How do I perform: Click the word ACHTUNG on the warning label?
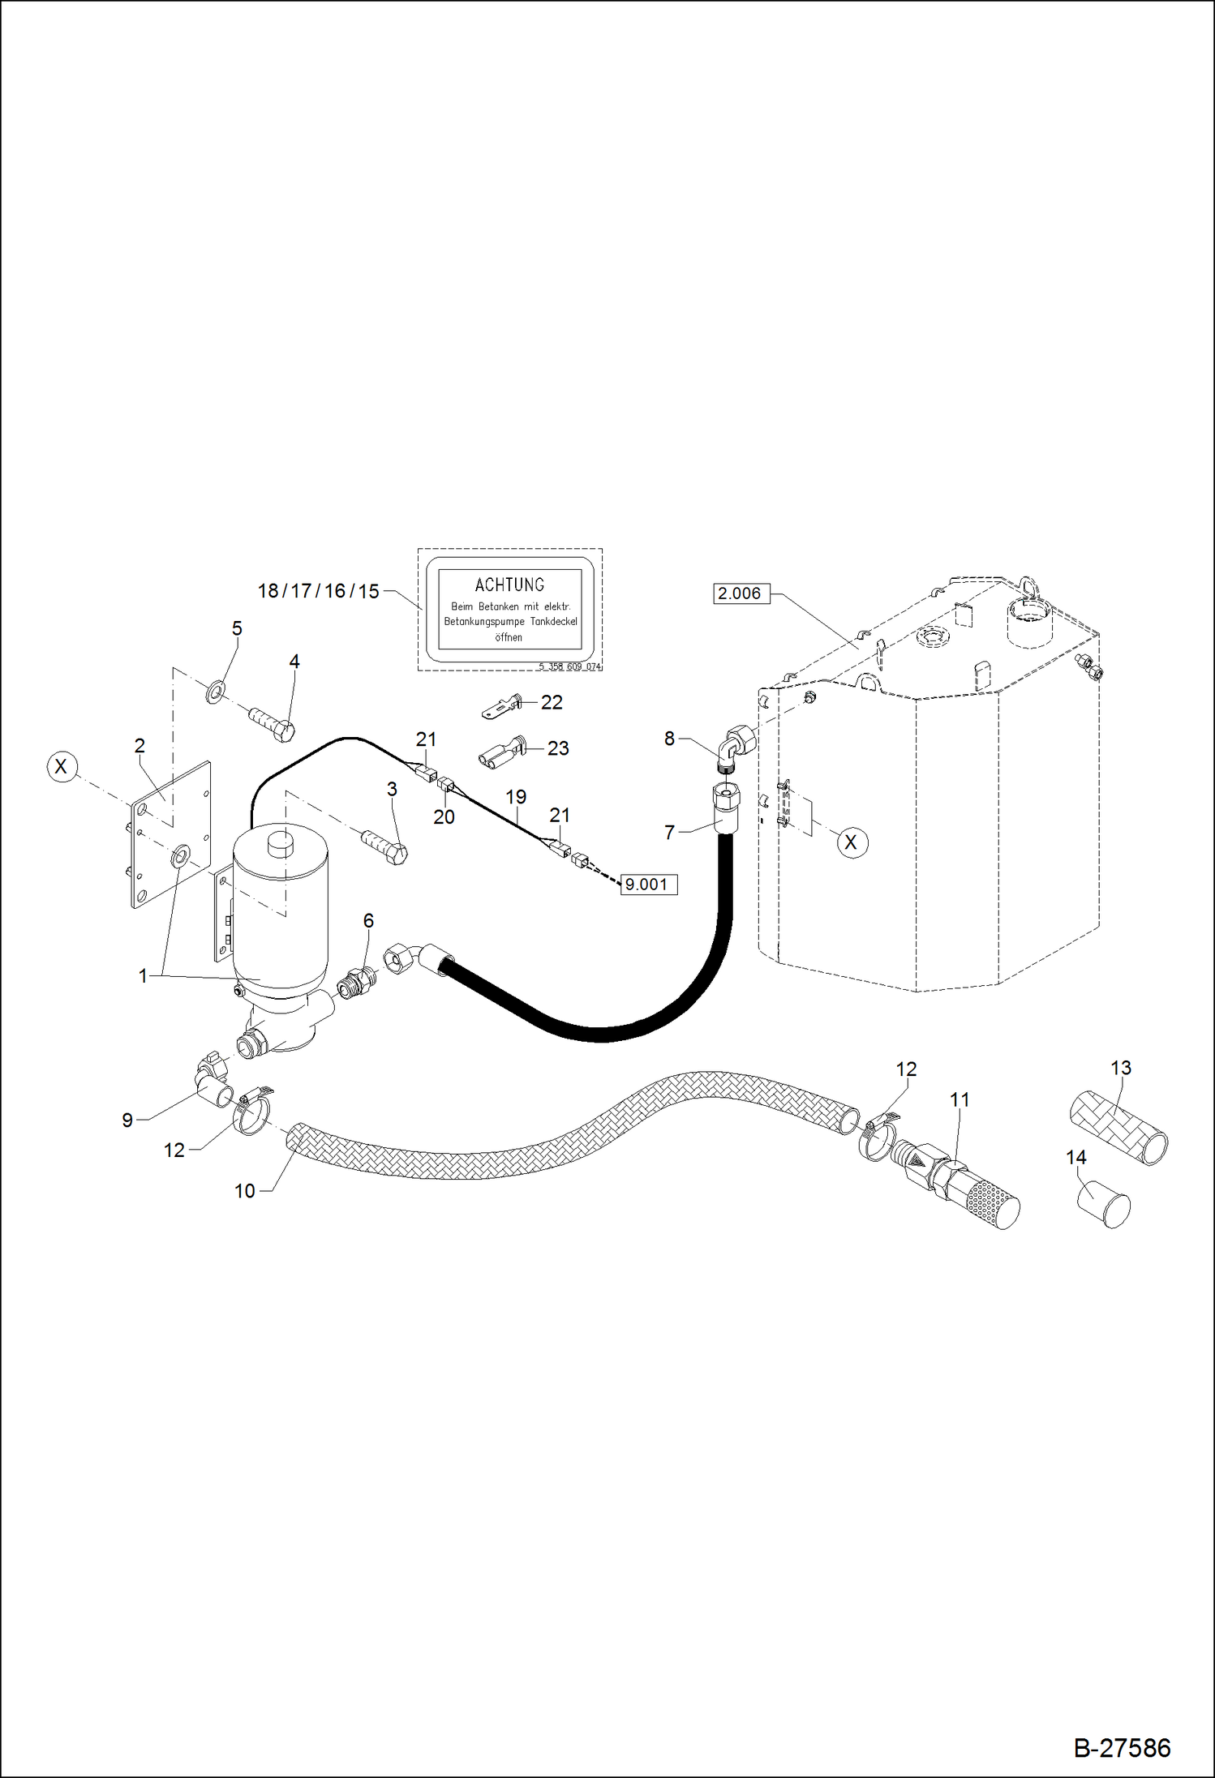[509, 585]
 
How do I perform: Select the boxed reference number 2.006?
[740, 593]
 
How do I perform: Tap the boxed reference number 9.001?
[647, 885]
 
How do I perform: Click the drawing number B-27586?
[1122, 1748]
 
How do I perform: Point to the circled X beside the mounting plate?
[62, 766]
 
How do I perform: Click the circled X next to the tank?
[851, 842]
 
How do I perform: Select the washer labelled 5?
[215, 693]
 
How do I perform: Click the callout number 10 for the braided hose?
[244, 1191]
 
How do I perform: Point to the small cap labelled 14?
[1103, 1204]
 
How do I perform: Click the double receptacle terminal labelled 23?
[500, 752]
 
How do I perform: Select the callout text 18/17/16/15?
[318, 592]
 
